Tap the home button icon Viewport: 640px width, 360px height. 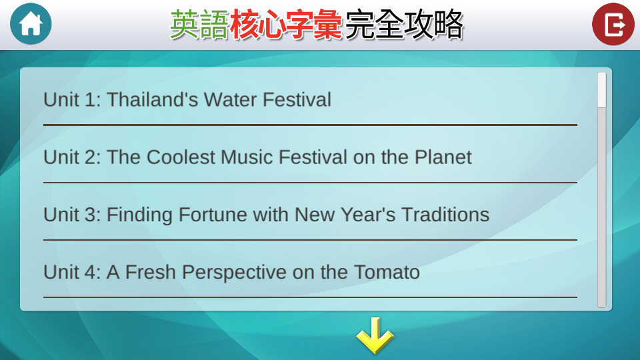tap(31, 24)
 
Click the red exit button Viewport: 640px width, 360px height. tap(613, 24)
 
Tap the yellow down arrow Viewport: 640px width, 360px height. tap(375, 335)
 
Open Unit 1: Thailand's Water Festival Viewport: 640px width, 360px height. tap(187, 99)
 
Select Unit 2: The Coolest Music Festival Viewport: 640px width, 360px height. tap(257, 157)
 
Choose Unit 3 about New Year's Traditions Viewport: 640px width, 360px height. tap(266, 215)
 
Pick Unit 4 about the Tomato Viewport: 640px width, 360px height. tap(231, 272)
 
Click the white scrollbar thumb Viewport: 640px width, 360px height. tap(601, 90)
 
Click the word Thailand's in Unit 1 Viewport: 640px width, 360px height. tap(152, 99)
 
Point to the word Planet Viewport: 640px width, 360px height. tap(443, 157)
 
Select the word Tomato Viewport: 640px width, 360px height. tap(387, 272)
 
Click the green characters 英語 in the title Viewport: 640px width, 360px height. tap(199, 25)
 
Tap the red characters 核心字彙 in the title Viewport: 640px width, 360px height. tap(286, 25)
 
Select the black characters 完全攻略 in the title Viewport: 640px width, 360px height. tap(404, 25)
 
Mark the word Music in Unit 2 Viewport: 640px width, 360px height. tap(247, 157)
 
